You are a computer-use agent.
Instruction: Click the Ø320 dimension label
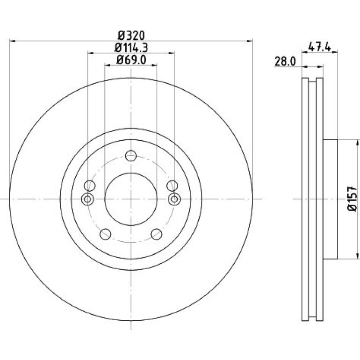[131, 36]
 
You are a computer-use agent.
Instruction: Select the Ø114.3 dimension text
[131, 48]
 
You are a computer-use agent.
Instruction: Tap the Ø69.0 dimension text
[131, 60]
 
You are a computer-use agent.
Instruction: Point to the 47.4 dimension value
[319, 47]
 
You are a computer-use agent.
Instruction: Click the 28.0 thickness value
[285, 62]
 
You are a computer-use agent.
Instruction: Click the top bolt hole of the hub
[131, 156]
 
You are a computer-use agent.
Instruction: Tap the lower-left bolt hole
[105, 234]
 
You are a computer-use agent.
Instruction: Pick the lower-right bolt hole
[157, 234]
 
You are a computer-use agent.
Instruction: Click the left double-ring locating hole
[87, 199]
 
